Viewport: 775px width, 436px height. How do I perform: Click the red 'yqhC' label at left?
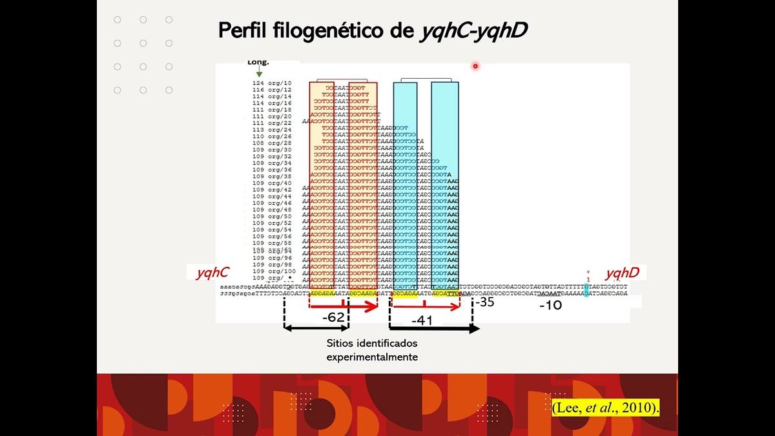click(x=212, y=273)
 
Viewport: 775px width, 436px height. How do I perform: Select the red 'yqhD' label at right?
click(x=622, y=273)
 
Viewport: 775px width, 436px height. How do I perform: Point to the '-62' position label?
click(x=333, y=317)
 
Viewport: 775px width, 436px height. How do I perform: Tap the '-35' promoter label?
click(x=484, y=302)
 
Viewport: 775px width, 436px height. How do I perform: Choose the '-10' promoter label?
click(x=551, y=306)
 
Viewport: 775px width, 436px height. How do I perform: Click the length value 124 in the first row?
click(x=258, y=83)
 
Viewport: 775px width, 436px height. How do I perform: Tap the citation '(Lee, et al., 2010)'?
click(x=605, y=408)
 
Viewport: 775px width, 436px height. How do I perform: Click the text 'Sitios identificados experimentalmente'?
click(x=372, y=349)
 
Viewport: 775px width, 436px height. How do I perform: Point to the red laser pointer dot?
click(x=475, y=66)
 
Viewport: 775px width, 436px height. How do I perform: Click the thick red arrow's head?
click(x=373, y=307)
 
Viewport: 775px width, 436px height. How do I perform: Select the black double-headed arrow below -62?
click(x=316, y=328)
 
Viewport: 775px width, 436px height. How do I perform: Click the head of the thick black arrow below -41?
click(x=475, y=328)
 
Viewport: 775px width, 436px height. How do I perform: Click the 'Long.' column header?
click(x=258, y=63)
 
